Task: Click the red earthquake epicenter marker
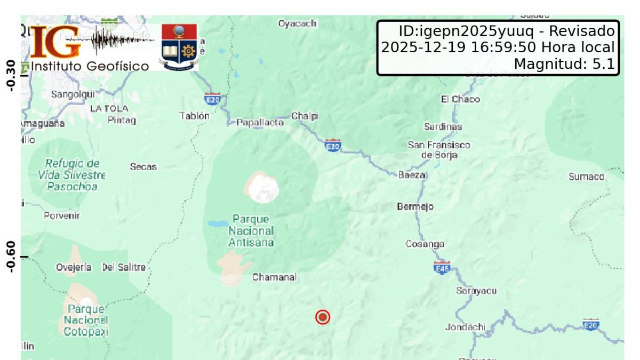[x=323, y=317]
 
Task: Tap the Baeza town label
[x=412, y=175]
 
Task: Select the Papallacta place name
[x=260, y=123]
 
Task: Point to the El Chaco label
[x=460, y=99]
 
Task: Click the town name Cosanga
[x=425, y=244]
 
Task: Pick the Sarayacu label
[x=476, y=291]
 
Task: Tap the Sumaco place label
[x=586, y=177]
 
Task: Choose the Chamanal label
[x=274, y=277]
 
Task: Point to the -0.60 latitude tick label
[x=10, y=257]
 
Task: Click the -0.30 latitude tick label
[x=10, y=75]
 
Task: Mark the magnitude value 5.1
[x=604, y=65]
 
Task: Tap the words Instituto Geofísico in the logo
[x=90, y=66]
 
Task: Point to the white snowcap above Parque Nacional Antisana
[x=262, y=187]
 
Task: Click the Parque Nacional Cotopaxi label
[x=85, y=320]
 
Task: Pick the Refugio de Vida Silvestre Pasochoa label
[x=71, y=175]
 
